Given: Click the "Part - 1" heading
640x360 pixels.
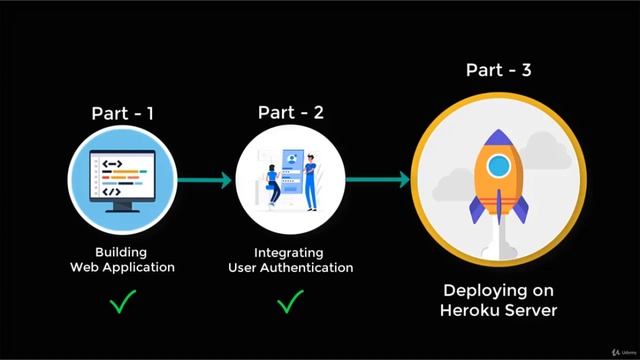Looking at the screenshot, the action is [x=122, y=113].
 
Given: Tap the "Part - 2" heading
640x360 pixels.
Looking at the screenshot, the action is [x=291, y=113].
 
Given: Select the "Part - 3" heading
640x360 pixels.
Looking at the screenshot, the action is [x=498, y=70].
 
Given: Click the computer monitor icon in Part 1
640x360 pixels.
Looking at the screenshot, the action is [x=122, y=181].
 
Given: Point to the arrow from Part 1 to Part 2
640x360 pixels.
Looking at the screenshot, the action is [x=204, y=180].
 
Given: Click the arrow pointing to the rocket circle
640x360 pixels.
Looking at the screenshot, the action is [x=378, y=180].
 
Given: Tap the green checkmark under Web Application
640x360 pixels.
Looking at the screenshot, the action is [x=123, y=302].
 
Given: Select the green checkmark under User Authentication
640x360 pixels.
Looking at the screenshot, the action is [x=290, y=301].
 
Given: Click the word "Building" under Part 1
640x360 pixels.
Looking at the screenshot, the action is [x=121, y=253].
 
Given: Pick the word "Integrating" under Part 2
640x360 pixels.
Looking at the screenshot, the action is [x=289, y=253].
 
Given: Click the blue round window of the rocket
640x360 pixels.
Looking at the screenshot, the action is [x=498, y=166].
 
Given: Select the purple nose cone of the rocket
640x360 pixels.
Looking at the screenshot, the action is [x=498, y=138].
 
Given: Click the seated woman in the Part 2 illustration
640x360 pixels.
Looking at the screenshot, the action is [x=273, y=185].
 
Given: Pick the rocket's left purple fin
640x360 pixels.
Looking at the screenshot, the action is [x=477, y=209].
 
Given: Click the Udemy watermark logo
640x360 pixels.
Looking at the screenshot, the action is [x=624, y=352].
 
